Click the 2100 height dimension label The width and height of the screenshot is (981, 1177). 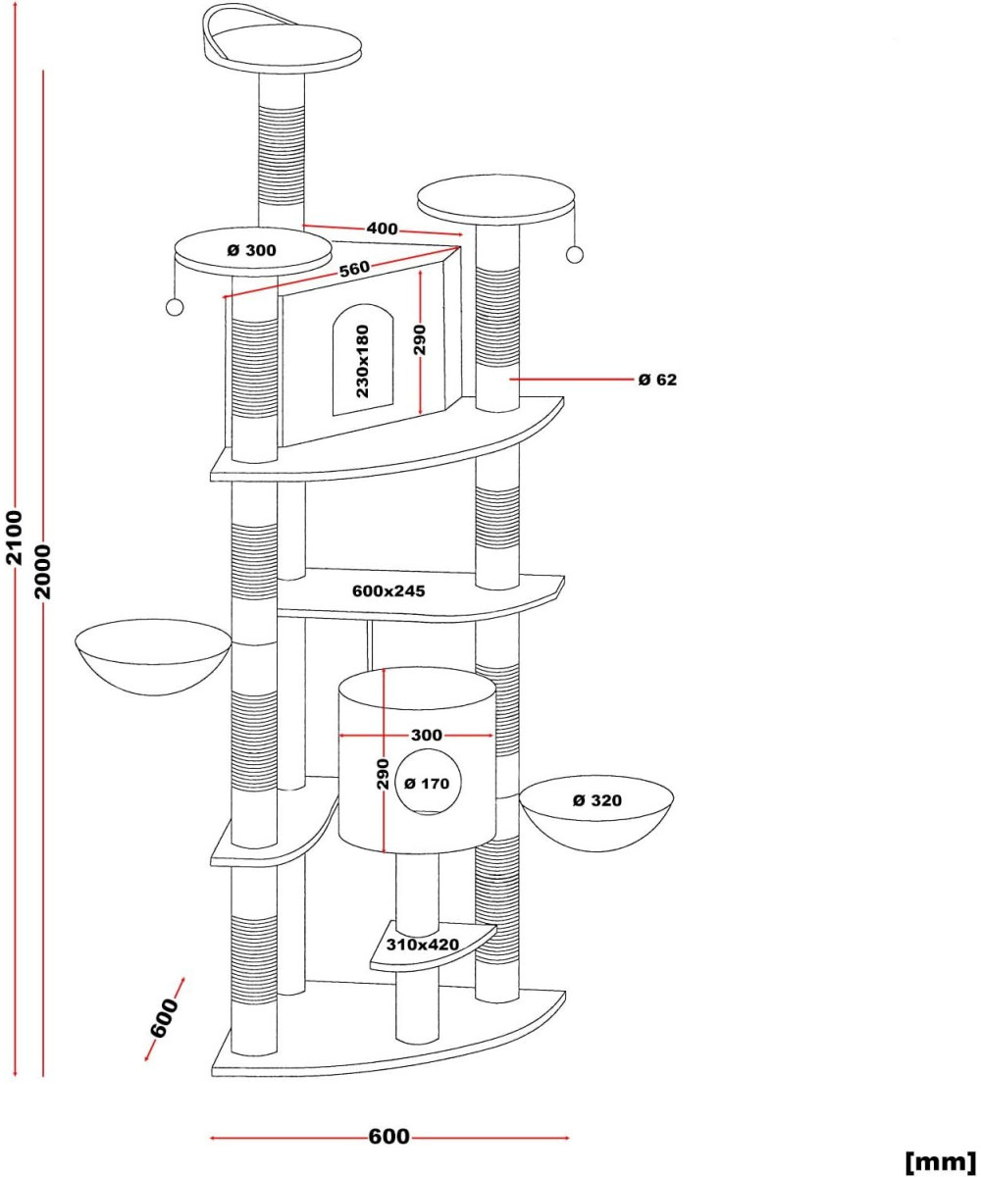[14, 537]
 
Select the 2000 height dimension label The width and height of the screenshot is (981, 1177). [42, 573]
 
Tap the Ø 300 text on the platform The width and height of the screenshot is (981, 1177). [251, 250]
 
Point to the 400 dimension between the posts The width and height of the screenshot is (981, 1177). [382, 229]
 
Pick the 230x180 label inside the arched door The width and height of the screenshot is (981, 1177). [362, 360]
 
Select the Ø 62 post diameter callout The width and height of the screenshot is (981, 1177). [657, 379]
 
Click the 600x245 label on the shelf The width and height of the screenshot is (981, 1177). [388, 590]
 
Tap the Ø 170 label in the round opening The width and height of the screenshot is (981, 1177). [427, 783]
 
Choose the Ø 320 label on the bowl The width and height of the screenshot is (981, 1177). [596, 800]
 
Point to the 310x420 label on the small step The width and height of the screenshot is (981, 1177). [423, 945]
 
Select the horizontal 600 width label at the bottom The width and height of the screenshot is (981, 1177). [388, 1137]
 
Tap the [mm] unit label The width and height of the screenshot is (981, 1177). [941, 1161]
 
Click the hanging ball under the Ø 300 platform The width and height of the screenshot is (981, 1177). [175, 307]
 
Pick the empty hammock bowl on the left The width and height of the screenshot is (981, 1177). [153, 652]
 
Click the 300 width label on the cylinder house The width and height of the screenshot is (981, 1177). [426, 735]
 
